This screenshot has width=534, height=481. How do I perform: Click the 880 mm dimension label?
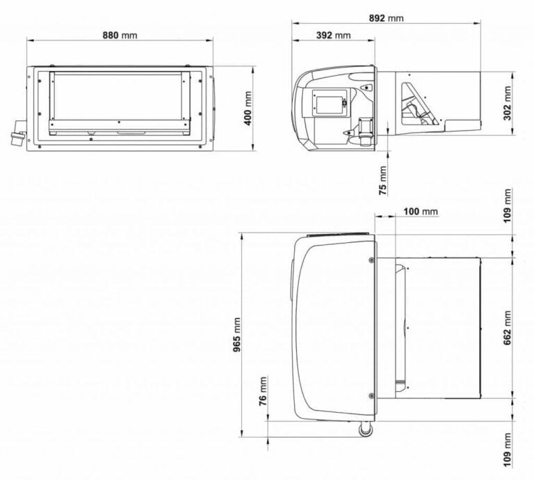(120, 35)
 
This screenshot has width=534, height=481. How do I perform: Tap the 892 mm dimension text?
(386, 18)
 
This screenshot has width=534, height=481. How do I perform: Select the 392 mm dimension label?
(333, 35)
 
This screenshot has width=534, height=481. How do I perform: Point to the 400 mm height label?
(248, 109)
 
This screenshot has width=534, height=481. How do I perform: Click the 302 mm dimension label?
(508, 103)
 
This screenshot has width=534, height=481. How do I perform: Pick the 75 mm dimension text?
(383, 181)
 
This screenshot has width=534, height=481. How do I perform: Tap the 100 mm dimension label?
(420, 212)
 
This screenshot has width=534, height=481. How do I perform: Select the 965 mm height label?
(237, 335)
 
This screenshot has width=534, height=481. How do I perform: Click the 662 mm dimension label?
(508, 328)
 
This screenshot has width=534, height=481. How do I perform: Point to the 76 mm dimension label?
(263, 391)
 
